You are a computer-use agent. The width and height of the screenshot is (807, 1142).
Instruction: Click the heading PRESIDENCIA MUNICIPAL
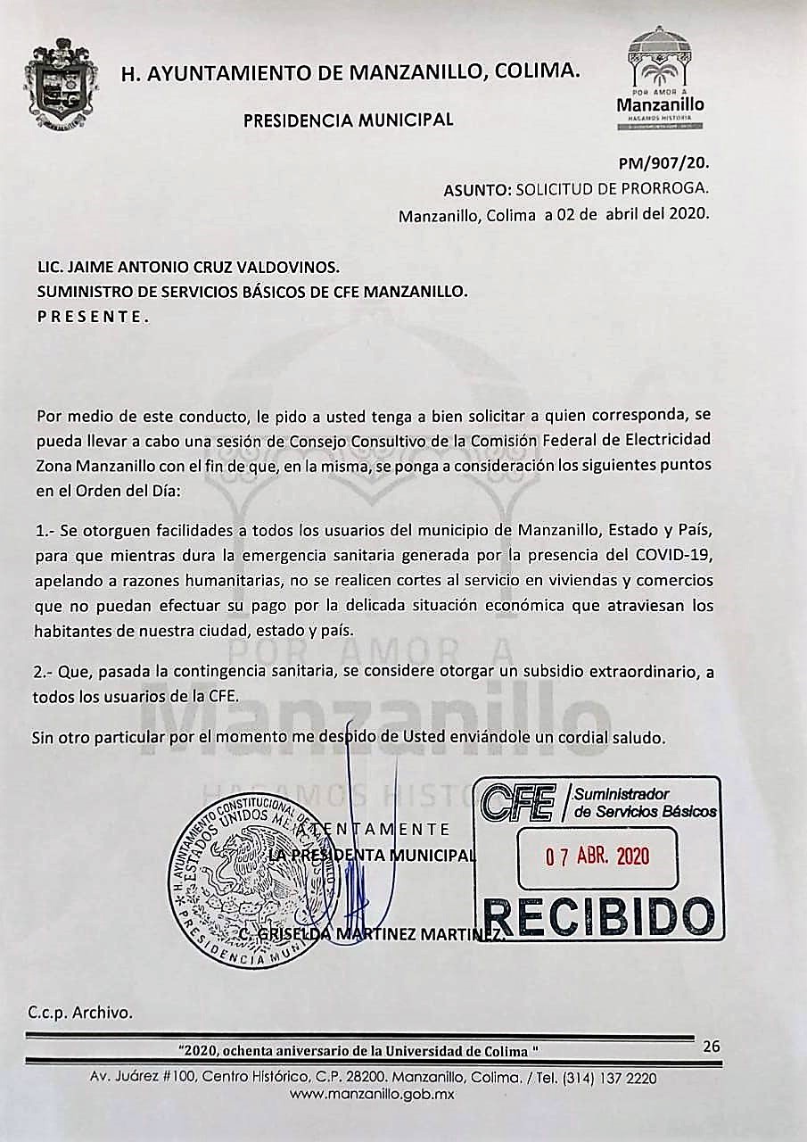pyautogui.click(x=348, y=119)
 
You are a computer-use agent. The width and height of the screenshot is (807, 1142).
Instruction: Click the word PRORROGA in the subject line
pyautogui.click(x=665, y=190)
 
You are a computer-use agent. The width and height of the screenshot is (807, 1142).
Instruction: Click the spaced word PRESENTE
pyautogui.click(x=93, y=317)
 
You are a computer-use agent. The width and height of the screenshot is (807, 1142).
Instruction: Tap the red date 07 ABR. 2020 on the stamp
pyautogui.click(x=597, y=856)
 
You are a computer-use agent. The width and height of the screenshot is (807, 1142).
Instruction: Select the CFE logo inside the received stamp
pyautogui.click(x=518, y=801)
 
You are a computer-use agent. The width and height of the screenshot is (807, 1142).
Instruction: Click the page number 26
pyautogui.click(x=711, y=1047)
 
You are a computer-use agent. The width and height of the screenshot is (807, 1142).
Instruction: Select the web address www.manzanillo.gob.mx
pyautogui.click(x=373, y=1094)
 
